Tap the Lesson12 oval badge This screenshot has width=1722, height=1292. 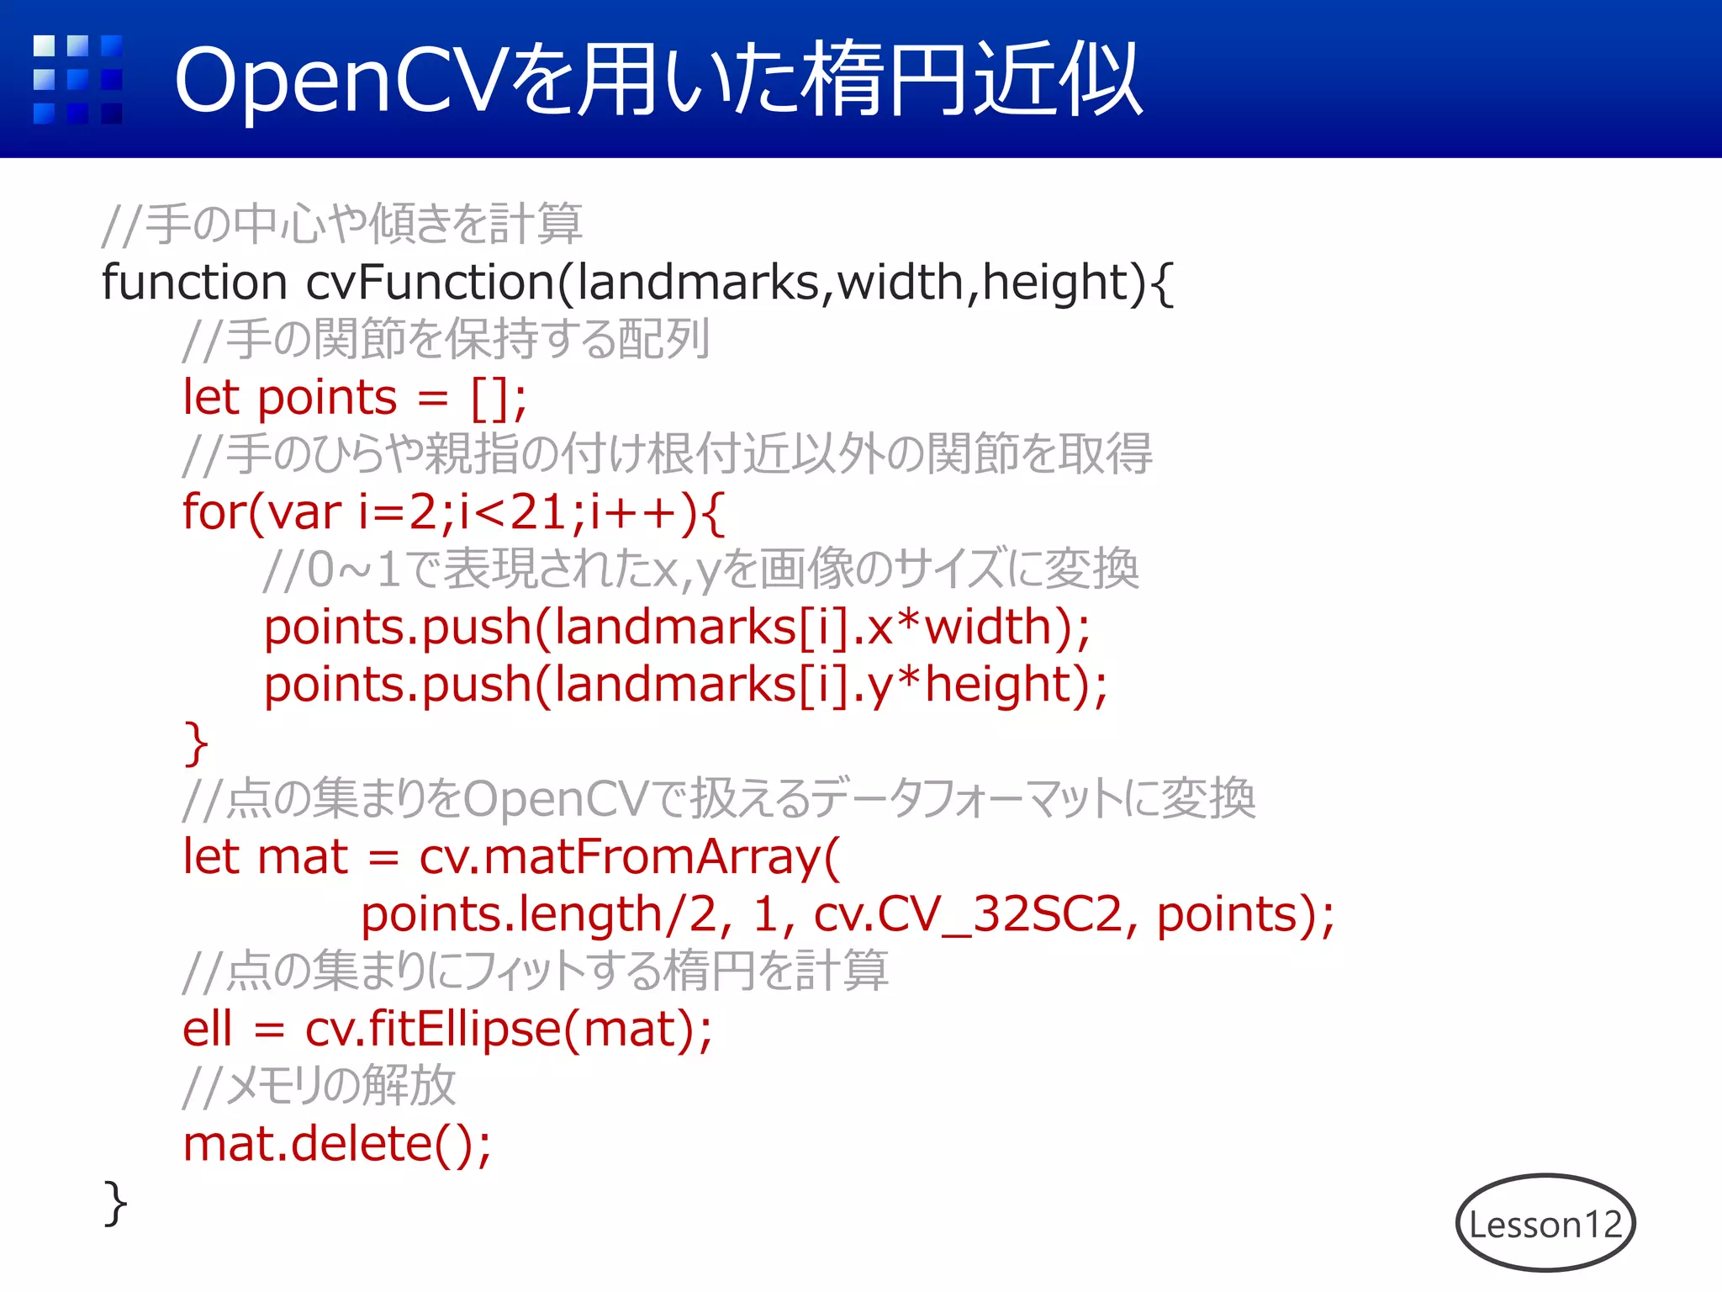[1545, 1223]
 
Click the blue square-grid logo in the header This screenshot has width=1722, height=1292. [77, 79]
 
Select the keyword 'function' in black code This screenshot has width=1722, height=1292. [194, 282]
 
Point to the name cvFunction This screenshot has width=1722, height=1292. [429, 282]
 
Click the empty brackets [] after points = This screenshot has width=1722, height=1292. [489, 398]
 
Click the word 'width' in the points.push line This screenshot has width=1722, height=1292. [987, 627]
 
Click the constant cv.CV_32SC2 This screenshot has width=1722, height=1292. [967, 915]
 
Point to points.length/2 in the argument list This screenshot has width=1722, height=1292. [538, 915]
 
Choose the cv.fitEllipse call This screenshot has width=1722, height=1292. [433, 1030]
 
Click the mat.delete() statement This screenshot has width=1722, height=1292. [336, 1144]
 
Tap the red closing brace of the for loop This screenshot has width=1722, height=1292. [195, 744]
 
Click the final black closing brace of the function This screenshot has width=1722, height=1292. [114, 1203]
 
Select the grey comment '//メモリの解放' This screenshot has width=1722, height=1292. [320, 1087]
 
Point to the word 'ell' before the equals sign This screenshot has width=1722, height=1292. [207, 1030]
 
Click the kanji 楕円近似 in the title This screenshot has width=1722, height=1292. [971, 81]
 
